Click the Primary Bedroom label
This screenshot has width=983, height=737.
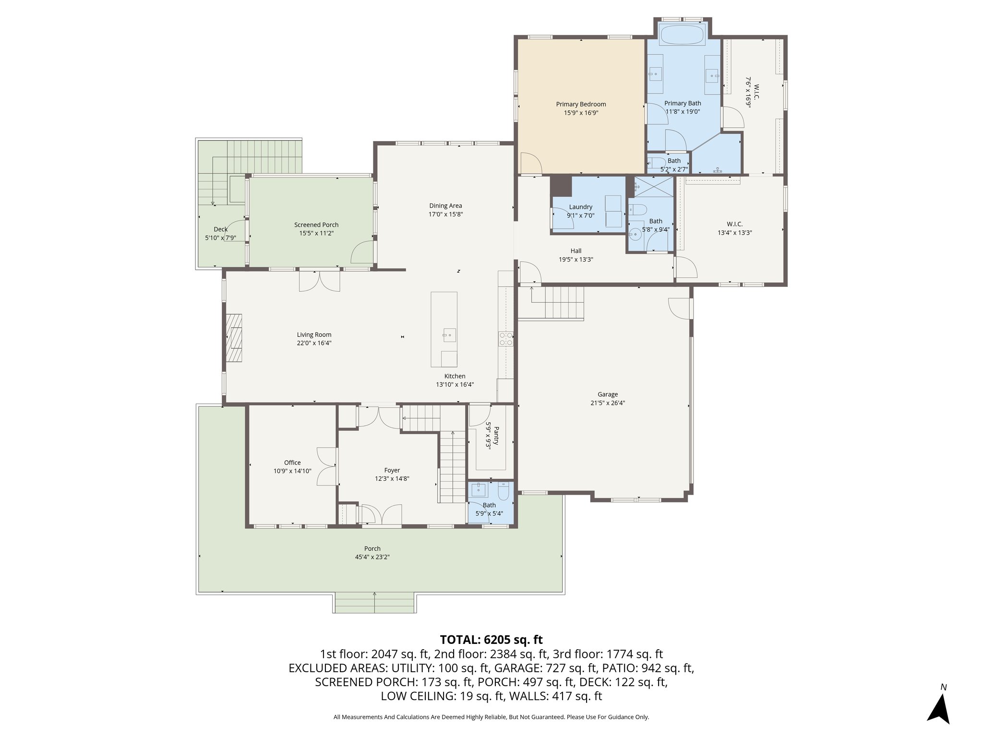(x=581, y=104)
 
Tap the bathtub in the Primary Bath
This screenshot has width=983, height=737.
(x=683, y=35)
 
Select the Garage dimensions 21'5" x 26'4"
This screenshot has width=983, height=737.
(x=608, y=403)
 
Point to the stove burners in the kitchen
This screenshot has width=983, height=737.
(x=506, y=339)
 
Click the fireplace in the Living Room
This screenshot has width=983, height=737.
(x=234, y=338)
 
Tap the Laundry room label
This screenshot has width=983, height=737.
(x=580, y=207)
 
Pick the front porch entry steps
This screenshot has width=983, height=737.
(x=374, y=603)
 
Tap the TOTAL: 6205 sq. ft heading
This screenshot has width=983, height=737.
(x=491, y=640)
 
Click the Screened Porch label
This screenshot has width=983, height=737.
(x=316, y=225)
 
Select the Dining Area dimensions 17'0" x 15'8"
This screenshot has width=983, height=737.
(x=445, y=214)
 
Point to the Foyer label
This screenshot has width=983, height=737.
(x=392, y=470)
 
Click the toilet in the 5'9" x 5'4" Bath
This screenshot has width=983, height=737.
(x=503, y=491)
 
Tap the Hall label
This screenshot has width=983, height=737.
(x=576, y=251)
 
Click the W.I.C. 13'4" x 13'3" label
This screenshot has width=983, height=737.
(x=734, y=224)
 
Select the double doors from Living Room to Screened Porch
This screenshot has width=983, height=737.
(x=320, y=281)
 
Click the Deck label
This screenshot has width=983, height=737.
(x=221, y=229)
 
